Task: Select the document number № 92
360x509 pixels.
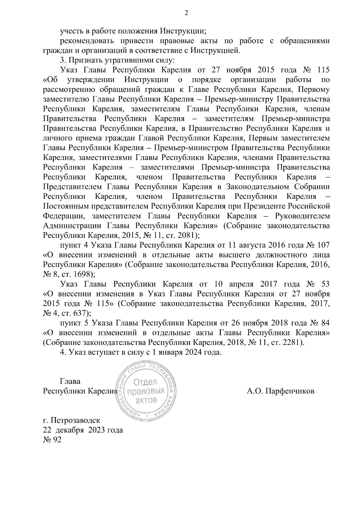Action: [x=52, y=440]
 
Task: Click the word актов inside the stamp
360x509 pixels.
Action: [x=146, y=400]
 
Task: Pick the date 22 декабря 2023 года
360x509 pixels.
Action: [x=83, y=430]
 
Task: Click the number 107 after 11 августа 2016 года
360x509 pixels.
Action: [x=323, y=245]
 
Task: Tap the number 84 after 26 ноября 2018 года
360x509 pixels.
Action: [x=325, y=323]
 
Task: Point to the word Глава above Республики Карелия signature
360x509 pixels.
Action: [x=70, y=381]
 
